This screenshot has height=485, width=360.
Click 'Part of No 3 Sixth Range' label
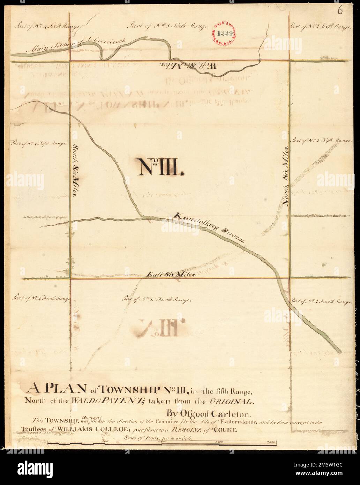169,25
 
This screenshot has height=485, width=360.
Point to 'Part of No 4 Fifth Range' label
38,143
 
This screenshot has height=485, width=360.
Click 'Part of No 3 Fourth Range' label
156,299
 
